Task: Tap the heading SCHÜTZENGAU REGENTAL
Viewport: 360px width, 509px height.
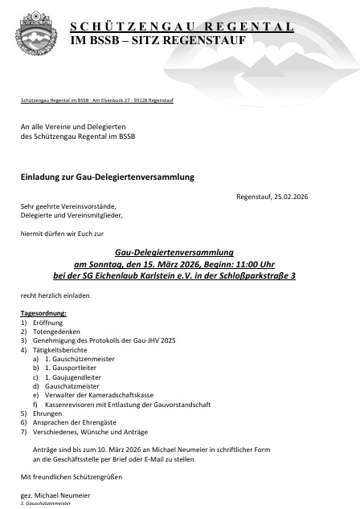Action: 181,26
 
